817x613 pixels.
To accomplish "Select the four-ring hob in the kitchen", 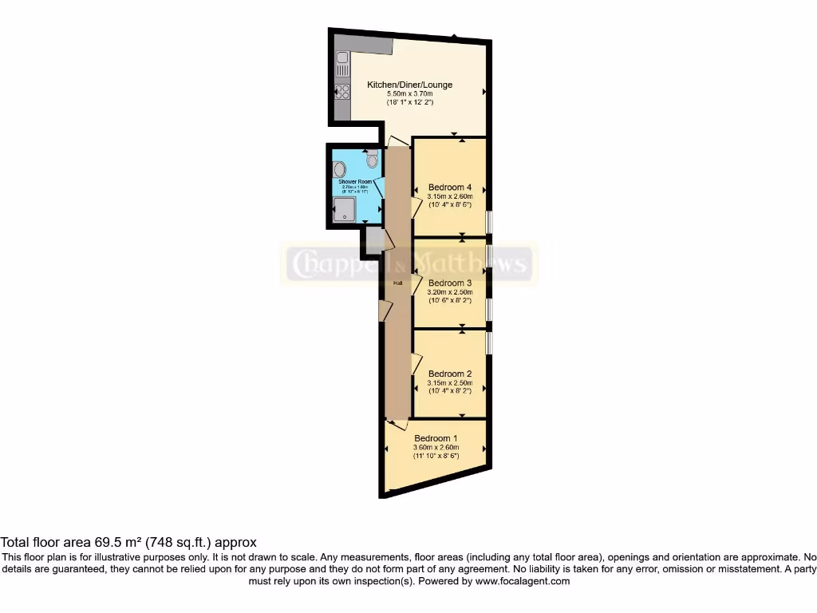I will (342, 91).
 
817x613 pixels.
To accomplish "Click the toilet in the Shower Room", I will (372, 160).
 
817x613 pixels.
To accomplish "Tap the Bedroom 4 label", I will (450, 188).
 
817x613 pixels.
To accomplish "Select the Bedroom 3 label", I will (450, 283).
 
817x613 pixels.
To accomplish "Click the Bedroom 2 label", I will (450, 374).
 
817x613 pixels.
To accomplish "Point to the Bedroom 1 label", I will (436, 438).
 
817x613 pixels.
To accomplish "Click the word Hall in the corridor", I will (397, 283).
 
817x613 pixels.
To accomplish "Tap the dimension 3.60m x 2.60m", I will (436, 448).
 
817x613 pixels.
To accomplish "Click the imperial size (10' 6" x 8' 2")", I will (450, 301).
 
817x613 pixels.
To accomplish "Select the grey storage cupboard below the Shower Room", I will (373, 239).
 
